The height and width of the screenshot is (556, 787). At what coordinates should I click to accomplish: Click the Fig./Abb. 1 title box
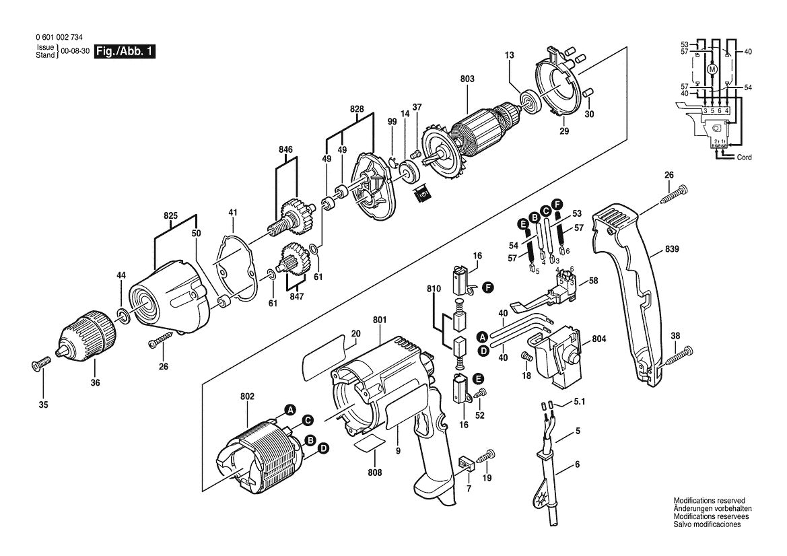pos(125,52)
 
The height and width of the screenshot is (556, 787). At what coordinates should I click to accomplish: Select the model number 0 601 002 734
pos(62,40)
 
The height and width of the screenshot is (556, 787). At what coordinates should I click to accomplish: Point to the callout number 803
pos(467,79)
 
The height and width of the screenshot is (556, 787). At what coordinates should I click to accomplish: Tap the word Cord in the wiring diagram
pos(744,157)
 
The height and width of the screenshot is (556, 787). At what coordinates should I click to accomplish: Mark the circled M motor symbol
pos(712,68)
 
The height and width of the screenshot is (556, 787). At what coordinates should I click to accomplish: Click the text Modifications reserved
pos(709,501)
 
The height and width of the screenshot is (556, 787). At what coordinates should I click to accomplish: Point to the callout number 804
pos(599,339)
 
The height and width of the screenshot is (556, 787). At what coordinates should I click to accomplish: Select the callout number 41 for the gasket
pos(233,213)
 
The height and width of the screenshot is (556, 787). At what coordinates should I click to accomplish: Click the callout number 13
pos(509,55)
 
